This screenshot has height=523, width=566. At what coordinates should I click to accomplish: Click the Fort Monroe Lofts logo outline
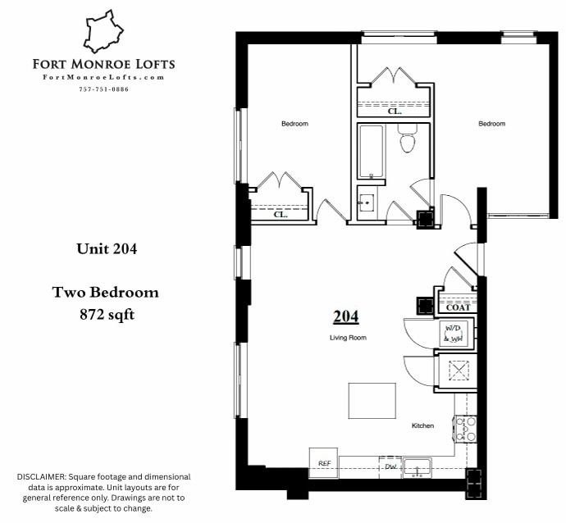(x=104, y=31)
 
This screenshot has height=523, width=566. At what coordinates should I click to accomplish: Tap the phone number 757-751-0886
(x=103, y=89)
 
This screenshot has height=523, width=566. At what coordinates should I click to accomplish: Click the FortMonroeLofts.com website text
(x=103, y=77)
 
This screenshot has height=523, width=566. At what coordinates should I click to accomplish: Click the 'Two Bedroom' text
(x=106, y=292)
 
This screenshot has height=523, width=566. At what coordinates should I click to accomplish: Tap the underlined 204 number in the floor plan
(x=345, y=316)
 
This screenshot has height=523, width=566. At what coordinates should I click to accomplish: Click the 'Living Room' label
(x=348, y=337)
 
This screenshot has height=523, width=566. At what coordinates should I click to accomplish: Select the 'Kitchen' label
(x=422, y=425)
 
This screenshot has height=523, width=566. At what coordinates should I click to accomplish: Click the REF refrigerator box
(x=323, y=462)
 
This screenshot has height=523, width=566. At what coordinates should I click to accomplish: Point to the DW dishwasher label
(x=390, y=466)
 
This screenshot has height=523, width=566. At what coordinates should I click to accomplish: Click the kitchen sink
(x=418, y=466)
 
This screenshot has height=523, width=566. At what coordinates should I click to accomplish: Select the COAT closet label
(x=457, y=307)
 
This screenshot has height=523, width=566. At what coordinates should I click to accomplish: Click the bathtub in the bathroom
(x=371, y=152)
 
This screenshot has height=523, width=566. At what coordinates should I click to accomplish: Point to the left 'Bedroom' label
(x=294, y=124)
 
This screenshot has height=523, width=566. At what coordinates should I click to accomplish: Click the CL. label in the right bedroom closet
(x=393, y=111)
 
